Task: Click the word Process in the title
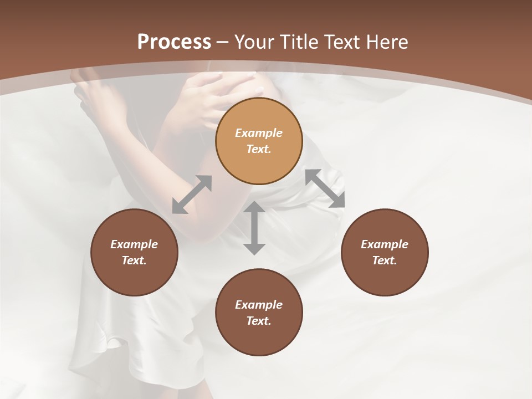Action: pyautogui.click(x=174, y=42)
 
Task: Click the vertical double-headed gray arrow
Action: pyautogui.click(x=254, y=228)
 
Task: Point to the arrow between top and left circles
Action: pyautogui.click(x=192, y=195)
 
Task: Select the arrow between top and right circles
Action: pyautogui.click(x=325, y=188)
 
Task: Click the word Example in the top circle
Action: pyautogui.click(x=259, y=133)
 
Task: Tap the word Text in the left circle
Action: pyautogui.click(x=134, y=260)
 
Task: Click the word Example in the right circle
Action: pyautogui.click(x=385, y=244)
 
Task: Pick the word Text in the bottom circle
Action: pyautogui.click(x=259, y=321)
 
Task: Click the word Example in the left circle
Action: pyautogui.click(x=134, y=244)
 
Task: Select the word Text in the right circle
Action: pyautogui.click(x=385, y=260)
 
